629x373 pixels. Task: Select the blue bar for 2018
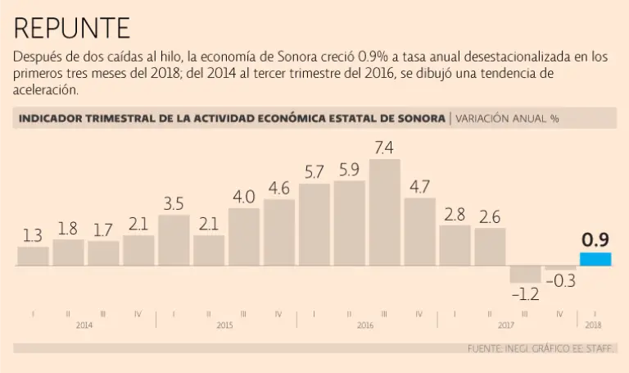click(595, 259)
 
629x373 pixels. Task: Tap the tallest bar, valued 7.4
click(385, 212)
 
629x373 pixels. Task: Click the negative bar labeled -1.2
click(525, 275)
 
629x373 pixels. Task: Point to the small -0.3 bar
click(560, 268)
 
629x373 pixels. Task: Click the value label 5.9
click(349, 171)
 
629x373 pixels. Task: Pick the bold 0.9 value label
click(595, 240)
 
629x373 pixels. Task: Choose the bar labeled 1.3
click(33, 257)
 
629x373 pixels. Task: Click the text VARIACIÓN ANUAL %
click(507, 118)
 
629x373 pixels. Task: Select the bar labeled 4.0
click(244, 237)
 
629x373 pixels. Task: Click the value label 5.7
click(314, 172)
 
